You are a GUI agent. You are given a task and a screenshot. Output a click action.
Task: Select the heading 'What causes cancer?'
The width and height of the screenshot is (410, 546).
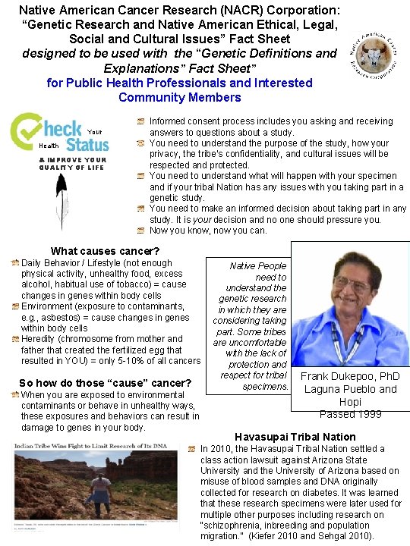click(105, 251)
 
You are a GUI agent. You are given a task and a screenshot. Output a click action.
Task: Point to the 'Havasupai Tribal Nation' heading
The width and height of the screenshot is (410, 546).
click(295, 437)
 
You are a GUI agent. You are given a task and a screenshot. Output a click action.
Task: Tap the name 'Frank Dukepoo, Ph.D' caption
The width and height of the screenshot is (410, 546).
click(351, 377)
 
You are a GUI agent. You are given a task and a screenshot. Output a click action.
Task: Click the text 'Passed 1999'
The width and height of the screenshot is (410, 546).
click(350, 414)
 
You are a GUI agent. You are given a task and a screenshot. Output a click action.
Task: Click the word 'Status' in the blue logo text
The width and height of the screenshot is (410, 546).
click(81, 143)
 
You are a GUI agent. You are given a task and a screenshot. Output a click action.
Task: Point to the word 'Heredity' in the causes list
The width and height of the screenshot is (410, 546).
click(38, 339)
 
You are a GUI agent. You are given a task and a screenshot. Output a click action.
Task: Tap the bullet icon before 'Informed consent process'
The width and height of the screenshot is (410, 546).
click(140, 121)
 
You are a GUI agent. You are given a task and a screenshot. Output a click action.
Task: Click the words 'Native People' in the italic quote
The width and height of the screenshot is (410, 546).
click(258, 266)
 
